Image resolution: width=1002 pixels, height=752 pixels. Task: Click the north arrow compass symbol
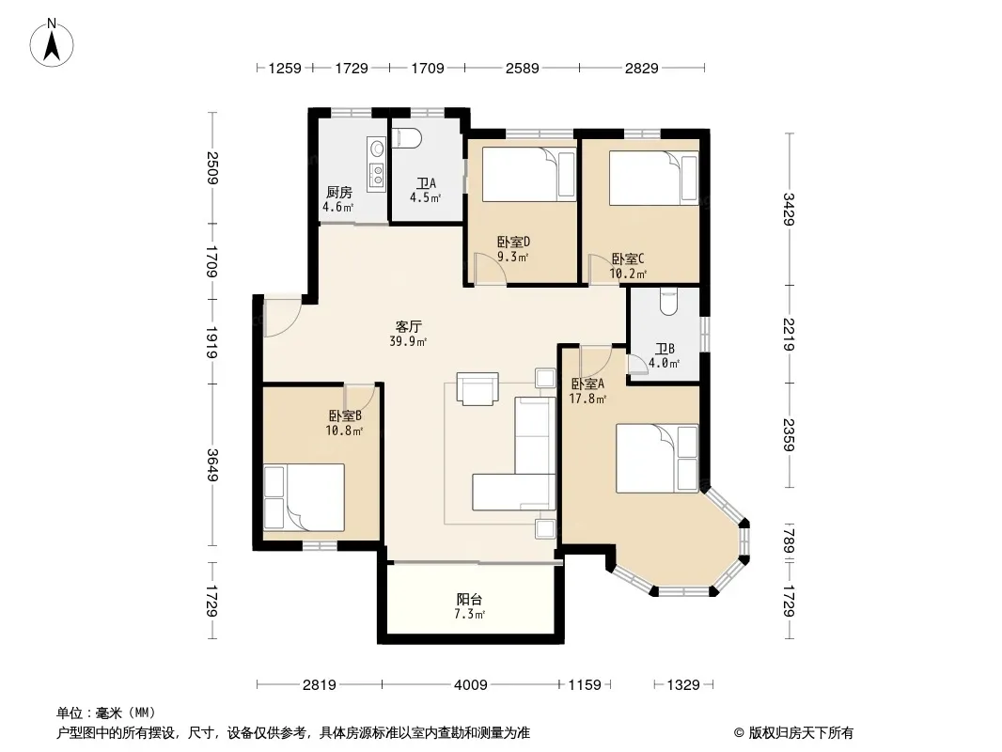(52, 42)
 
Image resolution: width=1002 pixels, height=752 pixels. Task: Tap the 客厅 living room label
(408, 326)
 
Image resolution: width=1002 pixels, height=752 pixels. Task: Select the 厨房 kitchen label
(338, 193)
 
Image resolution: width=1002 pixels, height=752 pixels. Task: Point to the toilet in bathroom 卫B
(667, 302)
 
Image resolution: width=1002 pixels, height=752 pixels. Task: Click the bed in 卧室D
(528, 175)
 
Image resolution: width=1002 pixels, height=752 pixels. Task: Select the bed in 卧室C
(653, 178)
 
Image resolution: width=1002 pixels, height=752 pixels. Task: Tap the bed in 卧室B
(305, 497)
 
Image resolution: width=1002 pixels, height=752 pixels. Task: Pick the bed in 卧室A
(657, 459)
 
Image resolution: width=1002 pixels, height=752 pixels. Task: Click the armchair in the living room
(478, 388)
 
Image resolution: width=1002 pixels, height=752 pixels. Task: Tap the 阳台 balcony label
(469, 600)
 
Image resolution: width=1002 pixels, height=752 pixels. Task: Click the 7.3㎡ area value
(470, 615)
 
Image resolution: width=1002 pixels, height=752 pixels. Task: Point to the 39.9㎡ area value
(408, 342)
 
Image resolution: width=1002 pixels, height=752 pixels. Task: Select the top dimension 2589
(522, 68)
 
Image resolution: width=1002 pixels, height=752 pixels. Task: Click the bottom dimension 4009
(470, 685)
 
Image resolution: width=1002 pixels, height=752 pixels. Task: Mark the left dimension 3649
(212, 465)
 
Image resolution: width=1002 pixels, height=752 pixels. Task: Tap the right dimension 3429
(790, 209)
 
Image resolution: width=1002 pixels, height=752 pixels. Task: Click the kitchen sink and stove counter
(376, 164)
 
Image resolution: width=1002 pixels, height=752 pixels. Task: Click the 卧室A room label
(587, 384)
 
